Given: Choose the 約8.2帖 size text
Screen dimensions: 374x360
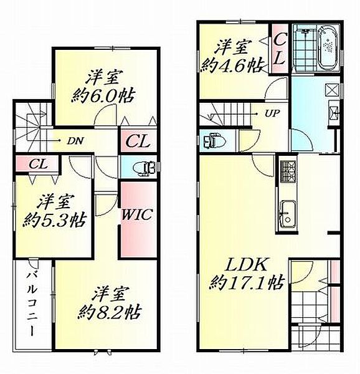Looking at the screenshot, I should [x=110, y=310].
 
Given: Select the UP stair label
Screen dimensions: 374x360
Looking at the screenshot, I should [x=272, y=114].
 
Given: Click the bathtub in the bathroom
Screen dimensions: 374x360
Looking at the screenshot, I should [x=328, y=47].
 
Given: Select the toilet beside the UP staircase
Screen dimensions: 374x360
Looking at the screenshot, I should [x=211, y=138].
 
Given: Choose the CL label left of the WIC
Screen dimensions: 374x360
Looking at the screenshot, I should [x=136, y=141].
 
